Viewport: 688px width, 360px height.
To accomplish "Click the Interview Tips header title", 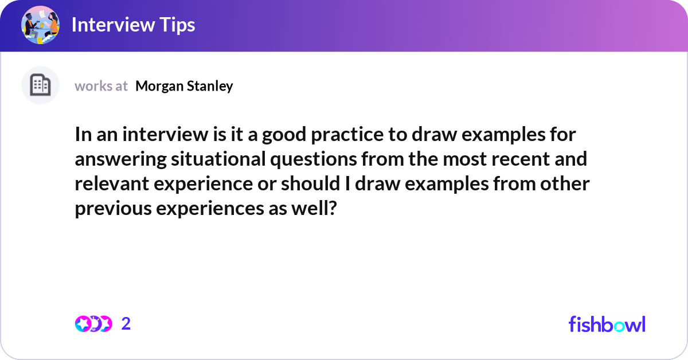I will [133, 25].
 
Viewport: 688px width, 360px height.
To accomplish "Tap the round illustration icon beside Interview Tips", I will [40, 25].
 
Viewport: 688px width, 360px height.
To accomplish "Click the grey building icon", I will [40, 85].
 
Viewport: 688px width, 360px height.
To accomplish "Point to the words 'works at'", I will [101, 86].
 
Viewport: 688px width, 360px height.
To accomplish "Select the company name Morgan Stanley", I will [184, 86].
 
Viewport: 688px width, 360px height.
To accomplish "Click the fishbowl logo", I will [607, 324].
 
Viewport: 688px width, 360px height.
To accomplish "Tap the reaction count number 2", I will [126, 324].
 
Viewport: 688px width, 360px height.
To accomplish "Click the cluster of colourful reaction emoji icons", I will [93, 324].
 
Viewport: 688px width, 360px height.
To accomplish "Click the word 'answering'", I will [120, 159].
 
